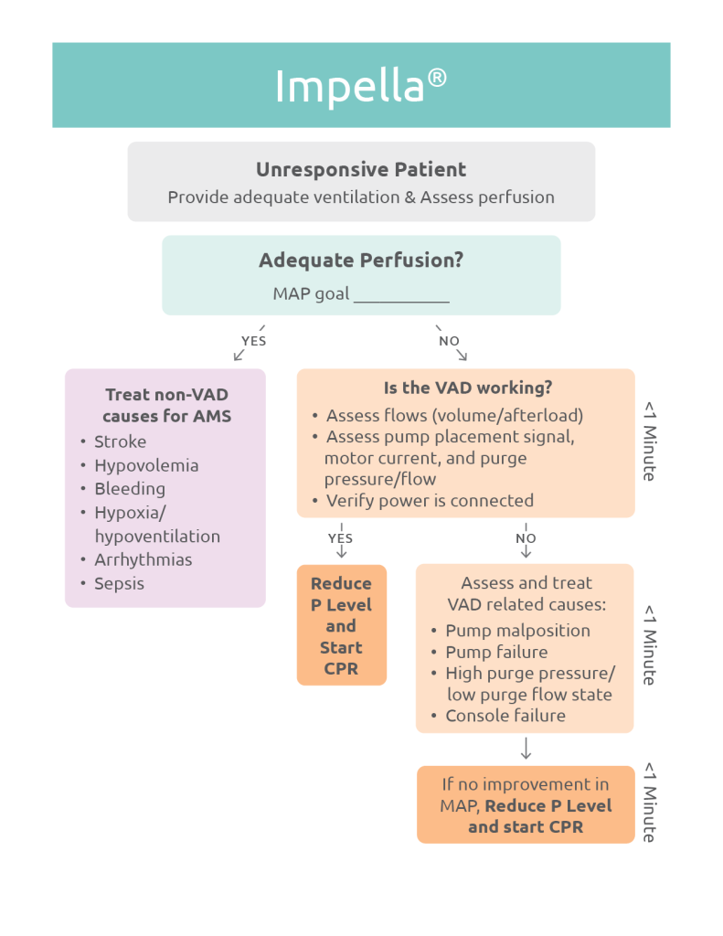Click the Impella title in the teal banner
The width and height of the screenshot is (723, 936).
360,86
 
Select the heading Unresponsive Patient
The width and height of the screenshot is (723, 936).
361,170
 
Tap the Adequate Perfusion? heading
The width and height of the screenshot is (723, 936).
361,260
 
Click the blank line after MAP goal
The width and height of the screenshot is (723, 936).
401,295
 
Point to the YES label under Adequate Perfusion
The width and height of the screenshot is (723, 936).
253,341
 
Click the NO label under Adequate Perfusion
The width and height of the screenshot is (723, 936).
449,341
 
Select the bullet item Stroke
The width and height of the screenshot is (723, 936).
120,441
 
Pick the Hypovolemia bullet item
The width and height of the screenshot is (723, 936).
146,465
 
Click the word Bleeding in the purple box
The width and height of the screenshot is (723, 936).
130,489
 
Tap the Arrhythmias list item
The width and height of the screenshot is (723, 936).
144,559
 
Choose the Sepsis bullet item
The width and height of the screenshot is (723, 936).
119,583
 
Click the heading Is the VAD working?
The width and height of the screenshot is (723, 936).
467,388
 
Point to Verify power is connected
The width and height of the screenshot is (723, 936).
430,501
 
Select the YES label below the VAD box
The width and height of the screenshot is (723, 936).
340,538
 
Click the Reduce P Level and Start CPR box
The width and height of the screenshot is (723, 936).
341,625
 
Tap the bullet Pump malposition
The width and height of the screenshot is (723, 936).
517,631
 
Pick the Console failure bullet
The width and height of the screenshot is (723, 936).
505,716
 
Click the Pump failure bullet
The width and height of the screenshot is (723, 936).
496,652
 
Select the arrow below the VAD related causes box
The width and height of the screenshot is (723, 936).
526,750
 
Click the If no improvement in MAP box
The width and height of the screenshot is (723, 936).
526,805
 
